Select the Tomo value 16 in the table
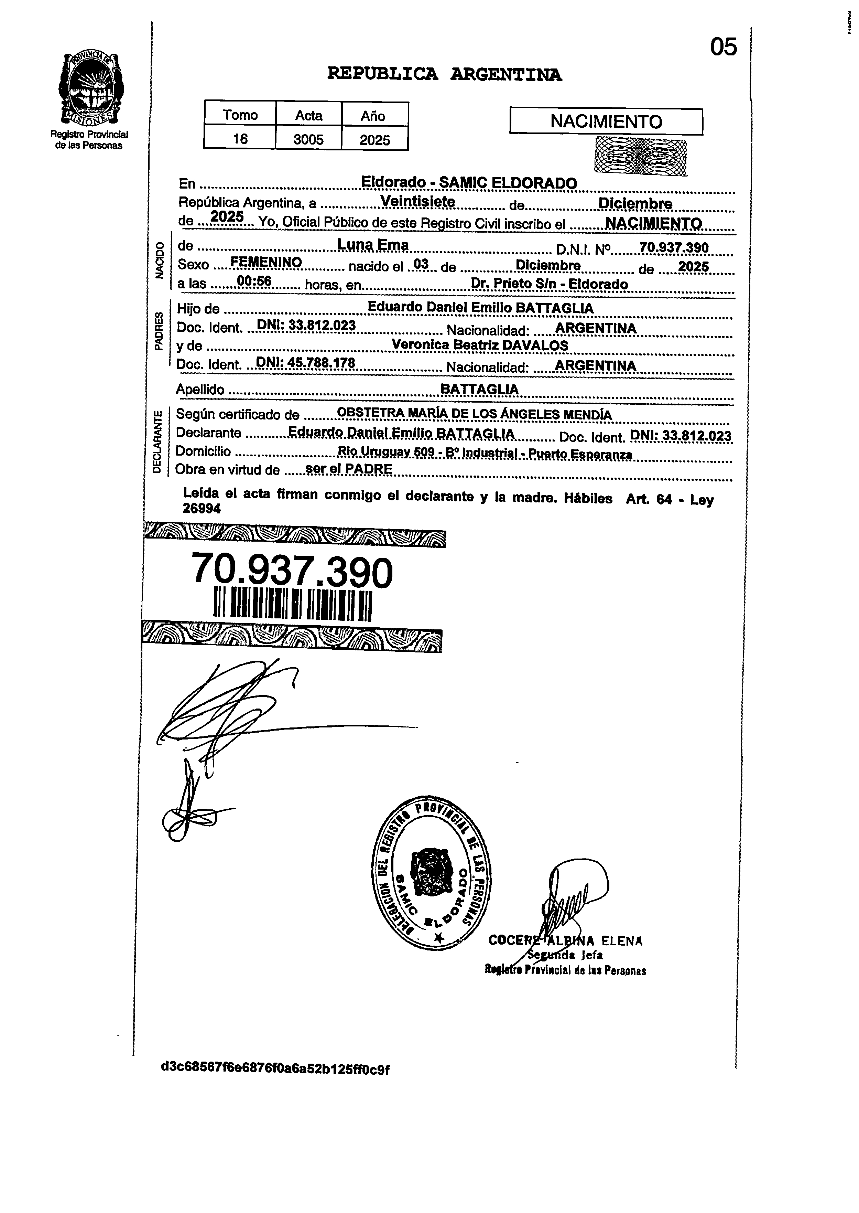point(240,139)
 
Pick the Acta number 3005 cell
point(308,139)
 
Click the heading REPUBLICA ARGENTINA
point(444,74)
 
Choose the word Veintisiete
point(418,202)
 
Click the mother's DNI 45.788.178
point(305,363)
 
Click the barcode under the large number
point(293,604)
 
